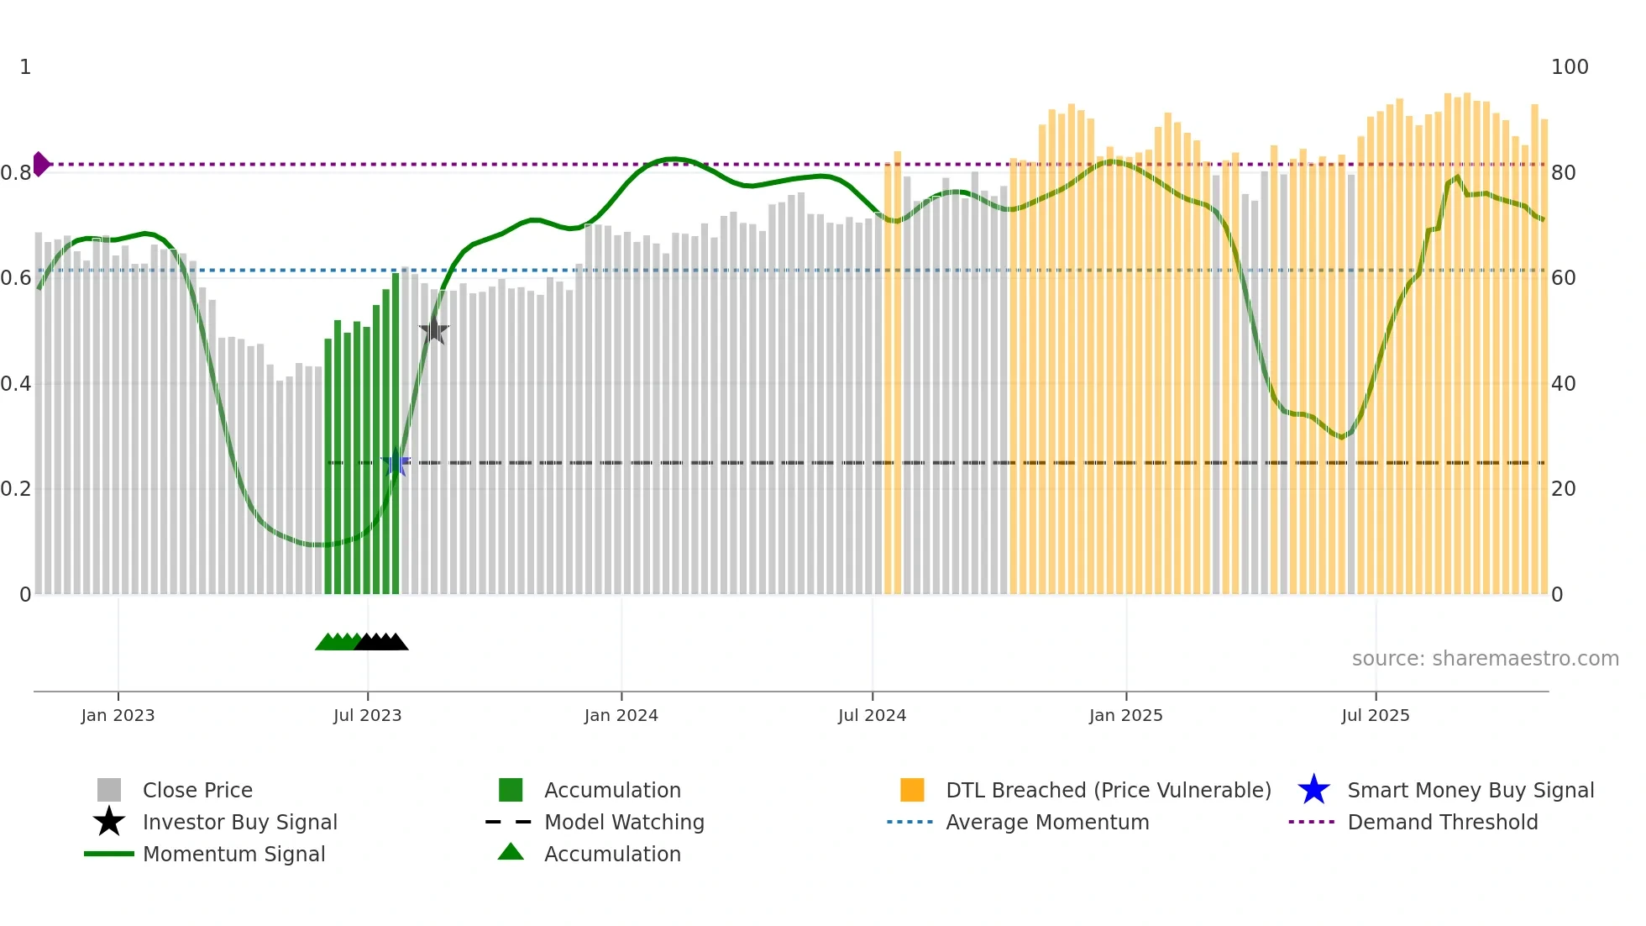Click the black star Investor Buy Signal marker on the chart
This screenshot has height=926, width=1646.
433,331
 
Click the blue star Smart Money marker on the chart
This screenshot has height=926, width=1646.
396,463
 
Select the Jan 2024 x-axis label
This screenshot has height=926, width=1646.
621,715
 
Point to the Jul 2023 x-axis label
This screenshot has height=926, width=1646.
367,715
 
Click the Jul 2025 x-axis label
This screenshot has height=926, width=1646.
1375,715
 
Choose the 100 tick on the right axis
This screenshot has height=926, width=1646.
1569,67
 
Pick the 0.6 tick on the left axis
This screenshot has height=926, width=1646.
16,278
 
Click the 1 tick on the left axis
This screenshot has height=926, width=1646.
25,67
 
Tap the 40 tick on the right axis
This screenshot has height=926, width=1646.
1563,384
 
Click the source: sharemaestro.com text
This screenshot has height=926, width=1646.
1485,659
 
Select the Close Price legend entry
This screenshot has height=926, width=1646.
197,790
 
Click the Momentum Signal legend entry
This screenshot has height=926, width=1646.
233,854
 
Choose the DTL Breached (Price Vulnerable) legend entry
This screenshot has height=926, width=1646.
1108,790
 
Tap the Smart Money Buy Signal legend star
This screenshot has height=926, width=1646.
1313,790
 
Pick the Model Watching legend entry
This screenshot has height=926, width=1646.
624,822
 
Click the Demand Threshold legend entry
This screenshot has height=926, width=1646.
1442,822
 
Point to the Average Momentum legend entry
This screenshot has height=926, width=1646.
1046,822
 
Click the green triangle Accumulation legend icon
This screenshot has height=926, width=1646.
511,852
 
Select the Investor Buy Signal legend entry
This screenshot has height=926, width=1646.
239,822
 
